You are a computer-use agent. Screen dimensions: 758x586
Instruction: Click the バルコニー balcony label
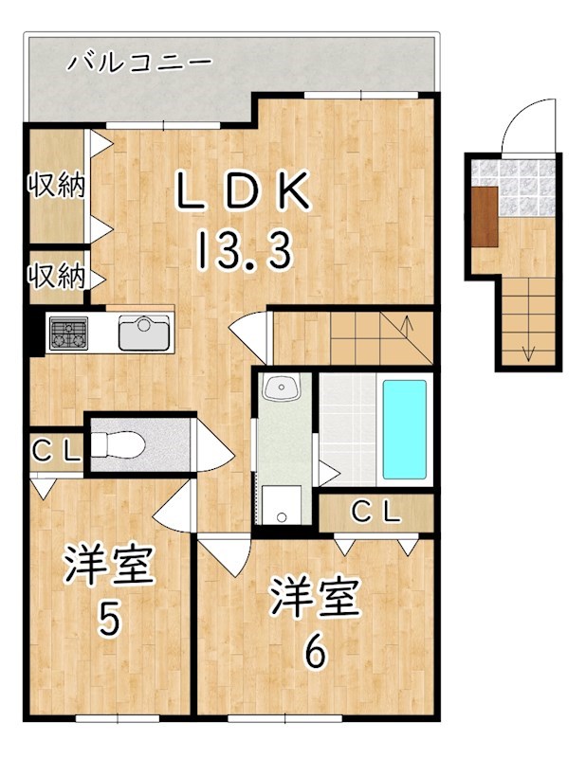(x=139, y=63)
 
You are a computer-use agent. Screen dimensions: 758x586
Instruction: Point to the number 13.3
(x=244, y=251)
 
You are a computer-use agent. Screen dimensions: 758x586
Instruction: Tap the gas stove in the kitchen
(x=67, y=333)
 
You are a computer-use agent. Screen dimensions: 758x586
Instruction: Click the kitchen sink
(x=141, y=332)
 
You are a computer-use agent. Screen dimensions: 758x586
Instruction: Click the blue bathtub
(x=403, y=429)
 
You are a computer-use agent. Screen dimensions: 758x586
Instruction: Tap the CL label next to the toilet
(x=56, y=451)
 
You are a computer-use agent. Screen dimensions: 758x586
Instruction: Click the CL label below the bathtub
(x=376, y=513)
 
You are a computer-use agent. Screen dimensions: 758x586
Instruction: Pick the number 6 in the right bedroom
(x=314, y=650)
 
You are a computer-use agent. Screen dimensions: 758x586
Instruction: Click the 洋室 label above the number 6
(x=314, y=596)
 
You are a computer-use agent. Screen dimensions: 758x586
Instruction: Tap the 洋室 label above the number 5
(x=109, y=566)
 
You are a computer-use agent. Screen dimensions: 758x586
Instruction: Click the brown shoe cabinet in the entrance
(x=484, y=216)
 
